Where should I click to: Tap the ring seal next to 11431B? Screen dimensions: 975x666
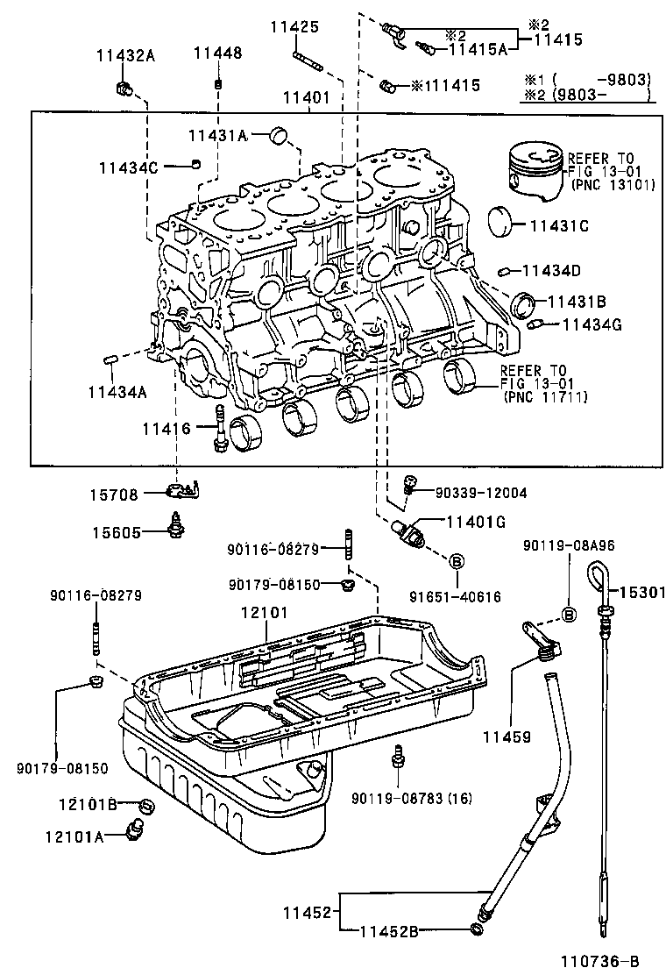click(x=523, y=303)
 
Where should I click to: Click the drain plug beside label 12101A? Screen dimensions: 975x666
click(x=137, y=828)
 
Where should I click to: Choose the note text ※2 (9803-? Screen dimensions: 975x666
click(x=585, y=96)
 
